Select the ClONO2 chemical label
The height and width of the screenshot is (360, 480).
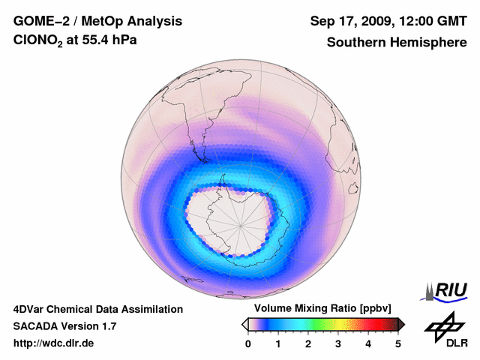point(37,43)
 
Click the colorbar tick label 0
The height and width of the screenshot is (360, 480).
point(248,343)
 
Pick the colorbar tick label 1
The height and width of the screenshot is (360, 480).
point(278,343)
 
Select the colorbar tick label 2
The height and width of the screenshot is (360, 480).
point(308,343)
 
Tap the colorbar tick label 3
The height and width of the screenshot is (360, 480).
point(338,343)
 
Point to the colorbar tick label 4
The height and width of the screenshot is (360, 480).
point(368,343)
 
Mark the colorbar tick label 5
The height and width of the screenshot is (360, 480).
point(398,343)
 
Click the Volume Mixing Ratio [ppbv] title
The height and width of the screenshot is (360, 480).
point(322,309)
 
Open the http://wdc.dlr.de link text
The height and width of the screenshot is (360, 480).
point(54,343)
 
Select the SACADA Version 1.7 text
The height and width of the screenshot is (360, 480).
point(64,326)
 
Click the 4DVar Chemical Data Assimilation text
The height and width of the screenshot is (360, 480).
point(97,309)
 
